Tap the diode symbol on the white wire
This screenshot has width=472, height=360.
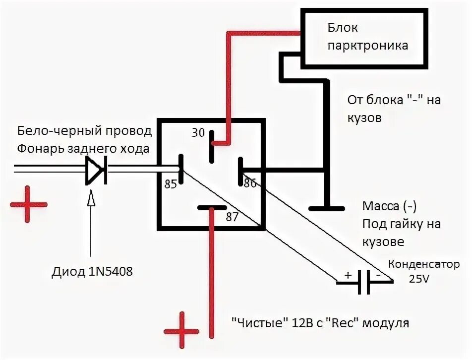pyautogui.click(x=96, y=171)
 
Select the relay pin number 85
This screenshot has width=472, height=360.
pyautogui.click(x=170, y=184)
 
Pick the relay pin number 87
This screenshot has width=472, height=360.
pyautogui.click(x=232, y=217)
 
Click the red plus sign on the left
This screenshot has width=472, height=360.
pyautogui.click(x=28, y=204)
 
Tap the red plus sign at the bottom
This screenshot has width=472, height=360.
pyautogui.click(x=182, y=330)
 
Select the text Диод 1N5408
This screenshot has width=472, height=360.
pyautogui.click(x=92, y=272)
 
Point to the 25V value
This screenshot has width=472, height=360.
pyautogui.click(x=419, y=279)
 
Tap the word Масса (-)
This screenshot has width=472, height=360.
pyautogui.click(x=389, y=206)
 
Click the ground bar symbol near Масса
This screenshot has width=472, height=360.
pyautogui.click(x=326, y=208)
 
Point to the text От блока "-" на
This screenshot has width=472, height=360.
pyautogui.click(x=394, y=100)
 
